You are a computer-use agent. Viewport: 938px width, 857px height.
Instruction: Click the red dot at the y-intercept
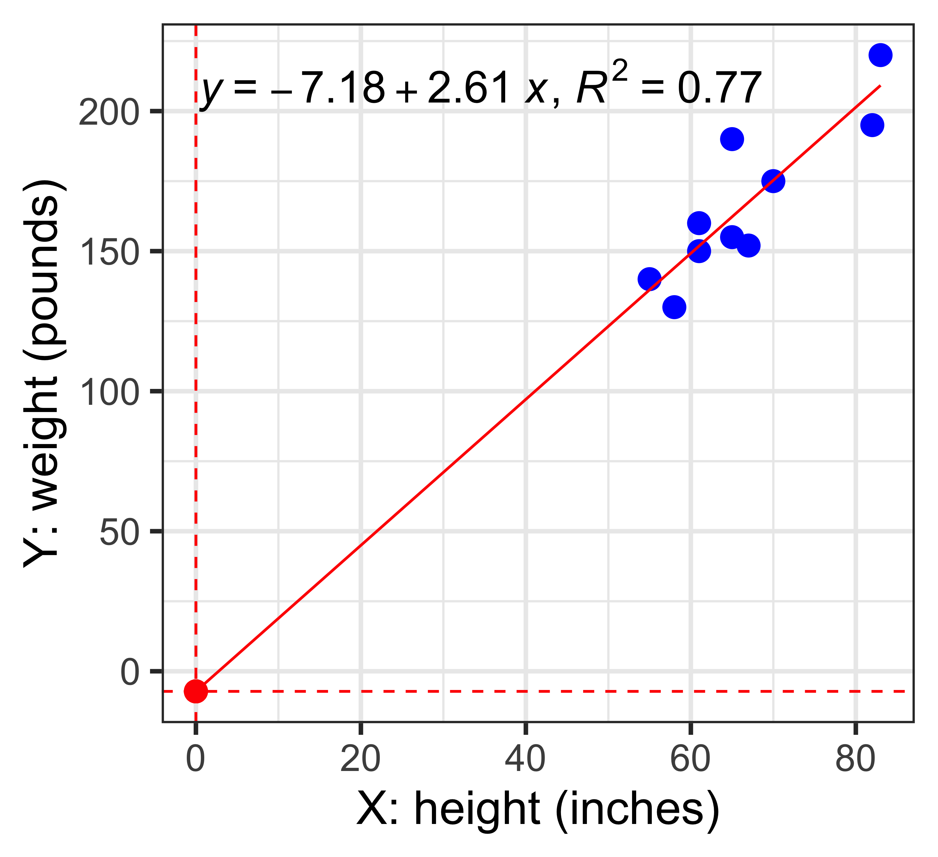[x=196, y=691]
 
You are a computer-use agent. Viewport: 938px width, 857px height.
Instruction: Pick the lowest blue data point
[x=674, y=307]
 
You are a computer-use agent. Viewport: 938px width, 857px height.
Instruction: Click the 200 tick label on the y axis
[x=110, y=112]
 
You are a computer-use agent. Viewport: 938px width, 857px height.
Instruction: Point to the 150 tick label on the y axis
[x=110, y=252]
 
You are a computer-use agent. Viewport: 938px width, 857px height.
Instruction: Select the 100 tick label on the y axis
[x=110, y=392]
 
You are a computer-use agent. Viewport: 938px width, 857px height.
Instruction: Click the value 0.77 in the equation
[x=719, y=89]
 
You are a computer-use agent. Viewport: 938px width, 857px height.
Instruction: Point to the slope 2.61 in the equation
[x=468, y=89]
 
